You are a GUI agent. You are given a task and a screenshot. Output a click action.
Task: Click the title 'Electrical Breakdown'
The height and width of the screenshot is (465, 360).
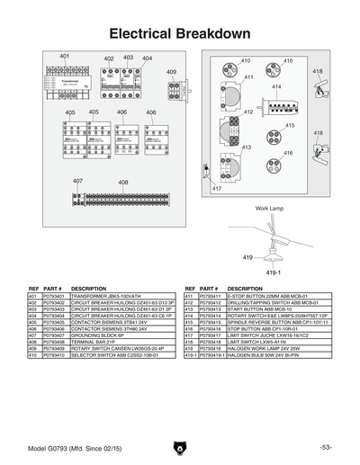click(179, 33)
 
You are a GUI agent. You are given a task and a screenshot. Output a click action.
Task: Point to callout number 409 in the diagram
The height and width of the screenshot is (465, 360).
click(171, 71)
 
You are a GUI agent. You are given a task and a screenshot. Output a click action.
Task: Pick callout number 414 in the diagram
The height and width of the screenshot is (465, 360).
click(277, 86)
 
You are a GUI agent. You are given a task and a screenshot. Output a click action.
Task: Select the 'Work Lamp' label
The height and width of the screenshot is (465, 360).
click(269, 208)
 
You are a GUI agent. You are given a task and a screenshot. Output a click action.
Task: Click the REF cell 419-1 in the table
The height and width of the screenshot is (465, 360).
click(190, 355)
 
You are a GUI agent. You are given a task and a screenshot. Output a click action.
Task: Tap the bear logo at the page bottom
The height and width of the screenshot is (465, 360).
click(179, 445)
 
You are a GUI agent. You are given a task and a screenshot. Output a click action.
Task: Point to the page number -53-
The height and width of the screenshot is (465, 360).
click(325, 446)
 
